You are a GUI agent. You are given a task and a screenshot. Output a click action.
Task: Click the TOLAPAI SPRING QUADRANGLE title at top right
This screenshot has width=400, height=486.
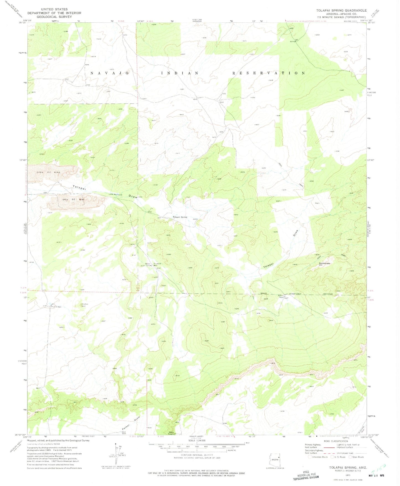coord(341,11)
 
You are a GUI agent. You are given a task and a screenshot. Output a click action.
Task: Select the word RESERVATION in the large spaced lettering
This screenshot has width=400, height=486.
coord(268,73)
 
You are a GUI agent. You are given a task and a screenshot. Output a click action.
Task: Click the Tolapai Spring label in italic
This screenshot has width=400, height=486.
coord(180,217)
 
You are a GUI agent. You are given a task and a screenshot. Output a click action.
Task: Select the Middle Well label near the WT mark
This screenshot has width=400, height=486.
coord(56,307)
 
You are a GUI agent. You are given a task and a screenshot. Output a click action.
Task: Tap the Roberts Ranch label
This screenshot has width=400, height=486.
coord(281,296)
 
